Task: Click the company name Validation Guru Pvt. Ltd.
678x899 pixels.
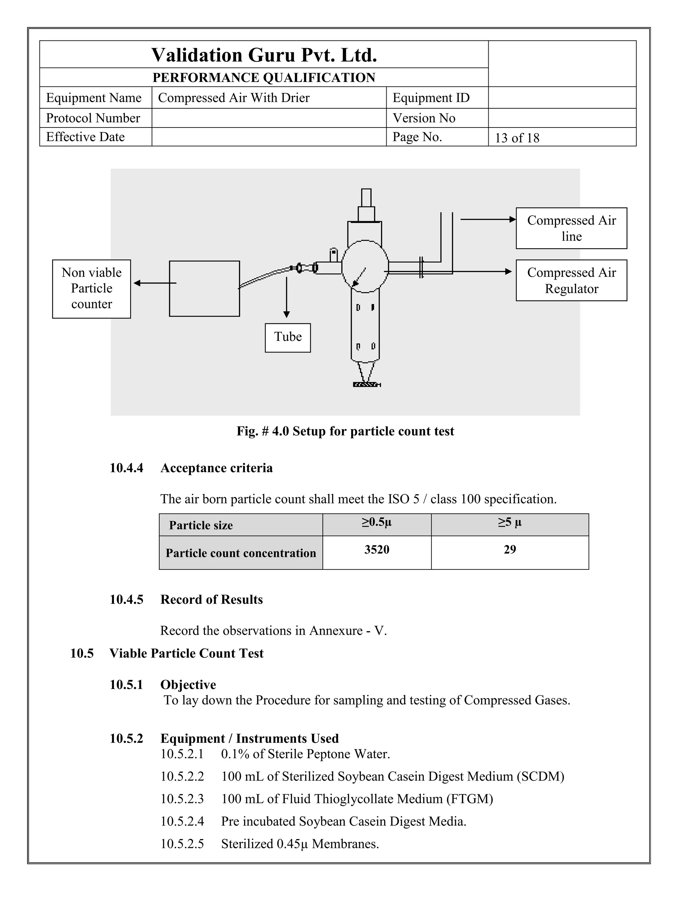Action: tap(264, 55)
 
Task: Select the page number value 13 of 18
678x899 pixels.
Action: tap(517, 138)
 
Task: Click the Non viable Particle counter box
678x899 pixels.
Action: tap(91, 289)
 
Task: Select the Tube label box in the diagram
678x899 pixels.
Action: tap(288, 337)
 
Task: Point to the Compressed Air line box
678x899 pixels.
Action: tap(571, 228)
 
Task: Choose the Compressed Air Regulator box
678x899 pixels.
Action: tap(571, 281)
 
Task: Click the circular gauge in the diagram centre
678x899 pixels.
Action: tap(365, 266)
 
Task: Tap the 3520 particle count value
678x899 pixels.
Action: tap(377, 550)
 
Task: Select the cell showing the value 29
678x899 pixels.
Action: tap(509, 550)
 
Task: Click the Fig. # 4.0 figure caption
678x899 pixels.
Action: tap(345, 431)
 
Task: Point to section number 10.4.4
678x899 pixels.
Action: tap(126, 468)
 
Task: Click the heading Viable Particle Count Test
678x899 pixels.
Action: tap(186, 653)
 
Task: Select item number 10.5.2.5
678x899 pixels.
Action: tap(182, 844)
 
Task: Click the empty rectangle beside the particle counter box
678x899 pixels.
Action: tap(204, 289)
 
